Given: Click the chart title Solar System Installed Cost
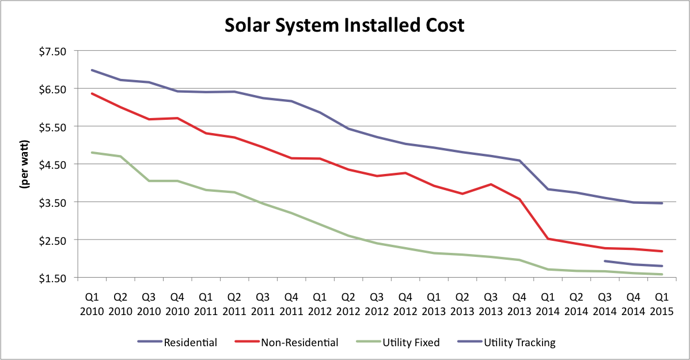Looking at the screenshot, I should click(x=344, y=25).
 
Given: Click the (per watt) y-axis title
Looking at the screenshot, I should click(x=25, y=164).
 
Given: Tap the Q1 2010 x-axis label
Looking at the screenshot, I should click(x=92, y=305).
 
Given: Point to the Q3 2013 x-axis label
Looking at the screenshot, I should click(x=491, y=305).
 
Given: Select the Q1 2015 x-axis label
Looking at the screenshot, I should click(x=662, y=305).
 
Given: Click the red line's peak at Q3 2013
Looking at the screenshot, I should click(x=491, y=184).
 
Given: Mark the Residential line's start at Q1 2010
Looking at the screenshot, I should click(x=92, y=70).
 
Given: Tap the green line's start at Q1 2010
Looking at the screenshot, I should click(x=92, y=153).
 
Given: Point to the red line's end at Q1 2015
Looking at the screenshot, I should click(x=662, y=251).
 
